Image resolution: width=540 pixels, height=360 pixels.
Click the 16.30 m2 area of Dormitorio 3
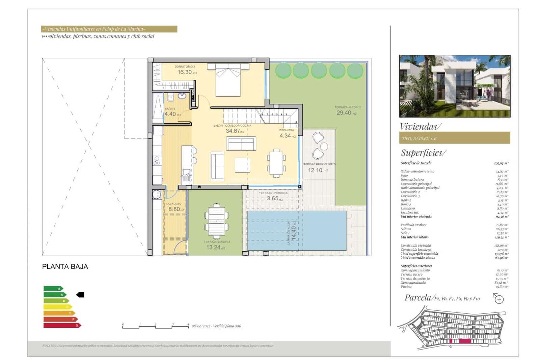coord(185,72)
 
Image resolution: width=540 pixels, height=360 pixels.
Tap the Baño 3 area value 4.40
coord(170,114)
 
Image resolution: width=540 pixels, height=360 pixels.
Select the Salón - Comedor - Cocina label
coord(232,126)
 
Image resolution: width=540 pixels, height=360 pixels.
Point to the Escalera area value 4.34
coord(285,136)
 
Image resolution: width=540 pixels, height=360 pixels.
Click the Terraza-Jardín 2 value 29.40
coord(344,113)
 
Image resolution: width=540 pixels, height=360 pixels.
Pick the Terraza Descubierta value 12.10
coord(315,170)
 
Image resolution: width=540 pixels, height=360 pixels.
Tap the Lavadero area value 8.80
coord(174,209)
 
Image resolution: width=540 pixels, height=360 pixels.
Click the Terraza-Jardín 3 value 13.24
coord(213,247)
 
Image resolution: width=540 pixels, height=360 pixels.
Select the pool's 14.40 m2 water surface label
coord(293,233)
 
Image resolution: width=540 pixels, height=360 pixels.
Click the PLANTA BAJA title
coord(65,266)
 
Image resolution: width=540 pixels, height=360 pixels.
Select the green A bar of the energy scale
coord(53,288)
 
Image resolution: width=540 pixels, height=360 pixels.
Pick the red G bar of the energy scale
coord(62,325)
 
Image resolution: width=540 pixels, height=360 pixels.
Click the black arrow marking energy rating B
coord(80,295)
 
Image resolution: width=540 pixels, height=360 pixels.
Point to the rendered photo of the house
coord(454,86)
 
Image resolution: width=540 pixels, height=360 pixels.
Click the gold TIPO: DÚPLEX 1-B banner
coord(454,138)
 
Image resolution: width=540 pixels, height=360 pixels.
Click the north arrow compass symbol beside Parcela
coord(498,299)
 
